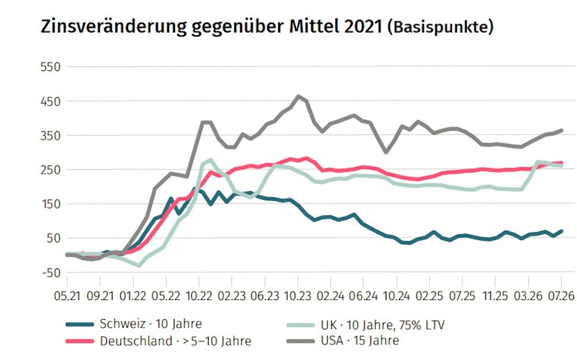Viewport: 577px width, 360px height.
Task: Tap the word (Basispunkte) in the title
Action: [x=440, y=28]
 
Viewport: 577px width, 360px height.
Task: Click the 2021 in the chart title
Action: [x=363, y=27]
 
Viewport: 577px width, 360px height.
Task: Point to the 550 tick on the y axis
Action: [x=50, y=67]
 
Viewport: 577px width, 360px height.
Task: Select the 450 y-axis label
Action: [x=50, y=101]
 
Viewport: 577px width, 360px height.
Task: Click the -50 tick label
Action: [x=51, y=273]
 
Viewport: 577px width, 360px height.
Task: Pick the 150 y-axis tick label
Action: [x=50, y=204]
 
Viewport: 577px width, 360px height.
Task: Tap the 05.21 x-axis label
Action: [x=67, y=296]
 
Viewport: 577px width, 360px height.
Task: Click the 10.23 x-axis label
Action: [x=298, y=296]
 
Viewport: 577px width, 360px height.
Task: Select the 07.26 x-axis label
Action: [x=561, y=296]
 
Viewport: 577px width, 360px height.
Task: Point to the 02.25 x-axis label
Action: [x=429, y=296]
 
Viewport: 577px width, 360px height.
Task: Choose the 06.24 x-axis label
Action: [x=364, y=296]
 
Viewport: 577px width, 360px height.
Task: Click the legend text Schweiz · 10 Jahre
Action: [x=151, y=324]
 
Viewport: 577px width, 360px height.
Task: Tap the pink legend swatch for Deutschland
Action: [x=80, y=341]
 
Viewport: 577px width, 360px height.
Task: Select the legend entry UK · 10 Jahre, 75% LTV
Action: [x=383, y=325]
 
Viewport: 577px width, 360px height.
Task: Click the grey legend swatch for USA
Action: [x=300, y=341]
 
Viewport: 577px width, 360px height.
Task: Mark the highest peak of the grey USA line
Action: [x=298, y=96]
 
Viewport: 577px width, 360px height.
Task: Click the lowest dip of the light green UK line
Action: [x=138, y=265]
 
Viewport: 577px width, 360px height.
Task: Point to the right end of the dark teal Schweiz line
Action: [x=561, y=231]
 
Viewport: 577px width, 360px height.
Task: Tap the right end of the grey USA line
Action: [x=561, y=130]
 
